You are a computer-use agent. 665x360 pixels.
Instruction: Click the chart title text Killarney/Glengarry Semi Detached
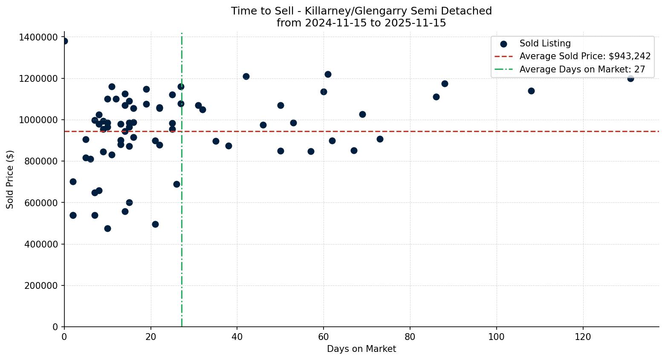(361, 11)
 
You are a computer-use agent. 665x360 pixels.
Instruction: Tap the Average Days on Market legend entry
(582, 69)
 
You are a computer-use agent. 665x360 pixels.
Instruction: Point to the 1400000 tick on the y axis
(38, 37)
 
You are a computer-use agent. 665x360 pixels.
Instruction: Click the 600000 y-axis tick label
(41, 203)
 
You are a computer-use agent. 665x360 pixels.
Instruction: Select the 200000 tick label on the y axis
(41, 285)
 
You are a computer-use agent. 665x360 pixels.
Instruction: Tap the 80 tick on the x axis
(410, 337)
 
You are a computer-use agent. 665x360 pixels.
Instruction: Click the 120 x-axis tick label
(583, 337)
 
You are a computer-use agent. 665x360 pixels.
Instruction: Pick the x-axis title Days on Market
(361, 349)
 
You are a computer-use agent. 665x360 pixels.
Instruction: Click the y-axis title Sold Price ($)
(10, 179)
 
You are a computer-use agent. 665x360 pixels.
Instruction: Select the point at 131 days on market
(630, 78)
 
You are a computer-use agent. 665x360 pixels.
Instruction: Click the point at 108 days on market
(531, 91)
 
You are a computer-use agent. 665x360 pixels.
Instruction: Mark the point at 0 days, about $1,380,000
(64, 41)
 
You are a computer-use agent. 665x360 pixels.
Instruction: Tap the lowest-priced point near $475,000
(107, 228)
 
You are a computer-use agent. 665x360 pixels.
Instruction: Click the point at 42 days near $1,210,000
(246, 76)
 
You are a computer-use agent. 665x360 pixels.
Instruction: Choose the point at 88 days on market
(445, 84)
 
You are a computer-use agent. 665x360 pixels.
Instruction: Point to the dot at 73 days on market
(380, 139)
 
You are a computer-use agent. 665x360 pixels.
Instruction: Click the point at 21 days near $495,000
(155, 224)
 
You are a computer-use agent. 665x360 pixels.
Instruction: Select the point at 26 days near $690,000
(176, 184)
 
